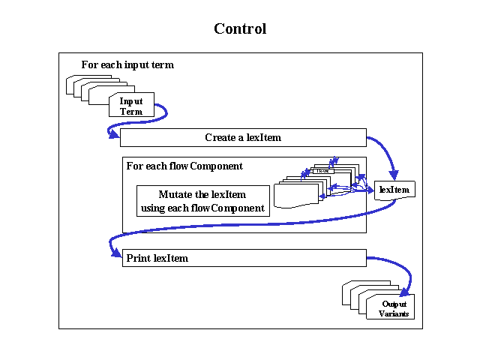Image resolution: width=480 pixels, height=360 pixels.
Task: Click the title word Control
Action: pyautogui.click(x=240, y=29)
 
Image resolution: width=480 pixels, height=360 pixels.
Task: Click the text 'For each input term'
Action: pyautogui.click(x=127, y=65)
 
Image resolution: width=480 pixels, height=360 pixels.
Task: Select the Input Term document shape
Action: pyautogui.click(x=131, y=106)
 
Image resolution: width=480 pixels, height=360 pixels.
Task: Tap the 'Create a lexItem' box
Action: pyautogui.click(x=243, y=138)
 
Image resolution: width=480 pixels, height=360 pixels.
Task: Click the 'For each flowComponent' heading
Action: pyautogui.click(x=184, y=166)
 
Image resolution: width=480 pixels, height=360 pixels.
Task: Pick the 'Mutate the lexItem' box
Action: pyautogui.click(x=202, y=201)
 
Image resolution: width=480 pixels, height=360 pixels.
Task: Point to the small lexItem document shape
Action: pyautogui.click(x=394, y=190)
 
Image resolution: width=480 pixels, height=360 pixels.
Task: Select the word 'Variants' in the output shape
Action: pyautogui.click(x=394, y=313)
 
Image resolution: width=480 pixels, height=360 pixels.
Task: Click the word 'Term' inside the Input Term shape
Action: pyautogui.click(x=131, y=112)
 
